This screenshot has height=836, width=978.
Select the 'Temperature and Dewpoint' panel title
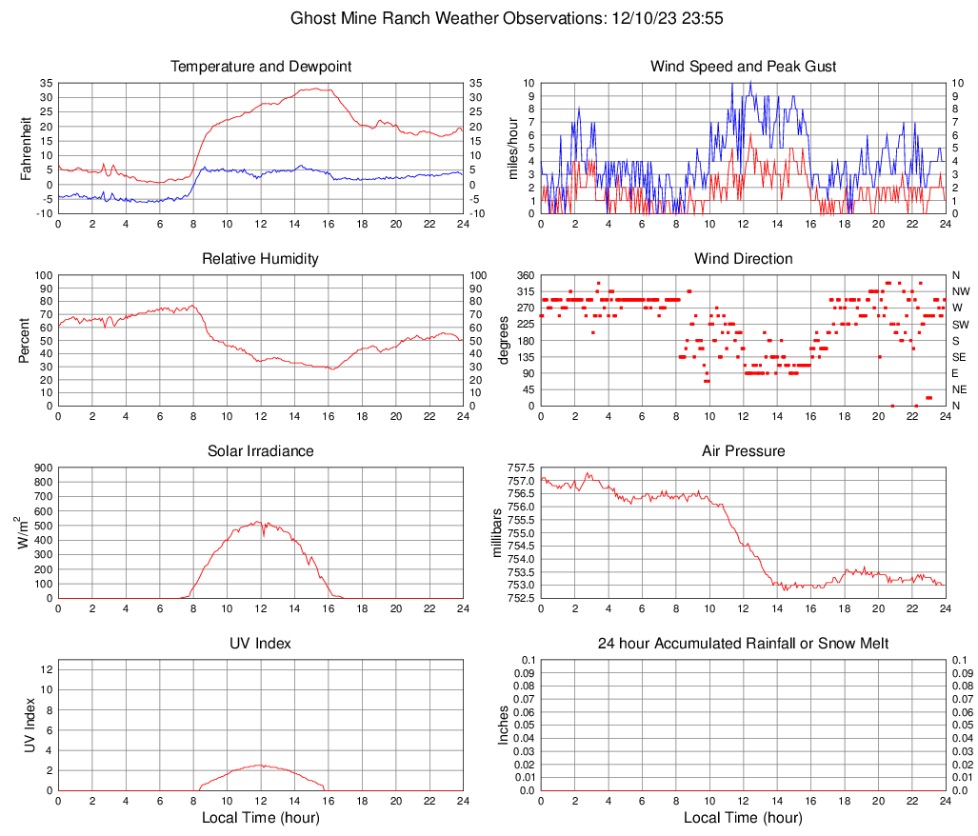tap(260, 67)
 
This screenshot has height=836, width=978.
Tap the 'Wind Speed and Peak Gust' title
tap(743, 67)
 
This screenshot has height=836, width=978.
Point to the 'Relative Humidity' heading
tap(260, 259)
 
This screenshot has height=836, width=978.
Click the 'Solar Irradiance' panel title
tap(260, 451)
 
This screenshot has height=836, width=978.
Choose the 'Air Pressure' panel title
tap(743, 451)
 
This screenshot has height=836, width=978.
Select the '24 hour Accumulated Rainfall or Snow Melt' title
tap(743, 644)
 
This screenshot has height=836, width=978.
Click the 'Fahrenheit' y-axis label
tap(27, 148)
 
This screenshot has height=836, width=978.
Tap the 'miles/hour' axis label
tap(513, 148)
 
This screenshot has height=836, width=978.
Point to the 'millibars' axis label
tap(496, 532)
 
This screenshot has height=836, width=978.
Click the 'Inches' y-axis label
tap(504, 725)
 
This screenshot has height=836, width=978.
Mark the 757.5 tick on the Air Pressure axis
tap(519, 468)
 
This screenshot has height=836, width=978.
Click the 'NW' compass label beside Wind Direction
tap(960, 291)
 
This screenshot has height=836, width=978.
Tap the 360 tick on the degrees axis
tap(522, 275)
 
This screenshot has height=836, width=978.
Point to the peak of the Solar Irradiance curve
tap(256, 521)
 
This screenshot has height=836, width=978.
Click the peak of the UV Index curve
tap(260, 765)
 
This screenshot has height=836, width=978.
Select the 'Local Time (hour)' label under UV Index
tap(260, 818)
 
